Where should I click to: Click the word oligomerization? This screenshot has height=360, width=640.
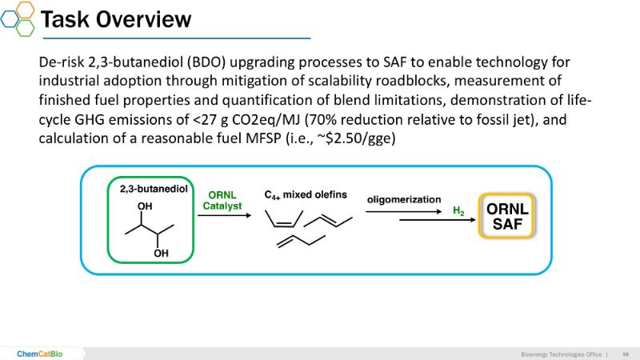click(x=404, y=198)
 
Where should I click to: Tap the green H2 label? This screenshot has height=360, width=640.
click(x=458, y=212)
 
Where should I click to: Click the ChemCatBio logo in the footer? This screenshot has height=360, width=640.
click(x=40, y=353)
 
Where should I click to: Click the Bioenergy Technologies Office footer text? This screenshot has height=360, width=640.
click(x=560, y=353)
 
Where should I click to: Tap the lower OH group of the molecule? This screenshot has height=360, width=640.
click(x=162, y=254)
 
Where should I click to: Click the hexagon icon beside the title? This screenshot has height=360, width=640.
click(x=18, y=18)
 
